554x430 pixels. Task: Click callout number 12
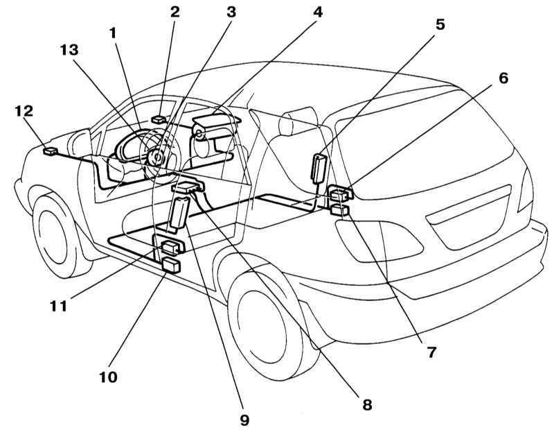coord(24,111)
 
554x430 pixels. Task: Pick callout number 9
coord(244,419)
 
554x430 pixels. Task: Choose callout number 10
coord(107,378)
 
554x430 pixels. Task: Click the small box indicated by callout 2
coord(158,119)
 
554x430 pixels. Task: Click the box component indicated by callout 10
coord(170,265)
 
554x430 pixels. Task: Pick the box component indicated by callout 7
coord(340,210)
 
